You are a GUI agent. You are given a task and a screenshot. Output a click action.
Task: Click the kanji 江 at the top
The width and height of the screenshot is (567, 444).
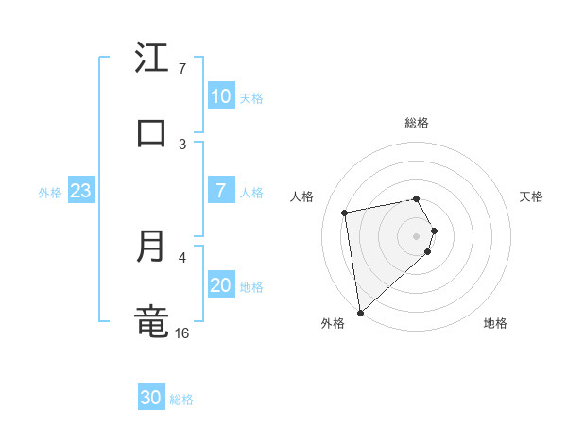152,58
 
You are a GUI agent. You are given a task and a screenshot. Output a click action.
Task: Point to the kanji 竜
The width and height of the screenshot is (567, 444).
152,321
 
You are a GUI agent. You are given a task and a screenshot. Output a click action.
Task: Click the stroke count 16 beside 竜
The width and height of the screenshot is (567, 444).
182,333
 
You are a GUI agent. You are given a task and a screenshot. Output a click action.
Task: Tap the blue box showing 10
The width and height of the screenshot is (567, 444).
221,96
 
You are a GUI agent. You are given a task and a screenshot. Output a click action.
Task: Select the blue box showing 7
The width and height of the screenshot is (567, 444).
221,190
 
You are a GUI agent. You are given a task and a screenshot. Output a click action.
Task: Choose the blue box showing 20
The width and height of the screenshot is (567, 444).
221,285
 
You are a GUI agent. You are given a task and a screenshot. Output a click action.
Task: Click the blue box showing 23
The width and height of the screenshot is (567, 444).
80,191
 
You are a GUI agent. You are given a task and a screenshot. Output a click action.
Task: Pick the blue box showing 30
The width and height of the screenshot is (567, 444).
151,398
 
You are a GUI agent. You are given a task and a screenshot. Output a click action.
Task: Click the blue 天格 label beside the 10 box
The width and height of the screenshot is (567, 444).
251,98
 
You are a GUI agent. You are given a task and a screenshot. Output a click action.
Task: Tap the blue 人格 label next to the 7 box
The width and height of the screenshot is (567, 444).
251,193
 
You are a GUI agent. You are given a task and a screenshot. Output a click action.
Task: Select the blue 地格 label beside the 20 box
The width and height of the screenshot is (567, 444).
251,287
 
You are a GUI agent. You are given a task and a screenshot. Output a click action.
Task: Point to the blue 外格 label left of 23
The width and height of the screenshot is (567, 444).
50,193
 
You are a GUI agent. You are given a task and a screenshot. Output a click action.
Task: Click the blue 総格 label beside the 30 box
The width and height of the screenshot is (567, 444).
181,400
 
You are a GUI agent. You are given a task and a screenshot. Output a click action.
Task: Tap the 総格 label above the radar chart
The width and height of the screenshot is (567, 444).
417,123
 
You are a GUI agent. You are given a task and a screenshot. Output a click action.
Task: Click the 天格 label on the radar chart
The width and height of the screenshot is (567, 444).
531,196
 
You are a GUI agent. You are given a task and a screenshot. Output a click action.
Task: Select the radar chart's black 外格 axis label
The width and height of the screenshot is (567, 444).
333,323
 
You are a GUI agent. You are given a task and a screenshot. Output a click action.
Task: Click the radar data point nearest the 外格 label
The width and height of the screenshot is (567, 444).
360,312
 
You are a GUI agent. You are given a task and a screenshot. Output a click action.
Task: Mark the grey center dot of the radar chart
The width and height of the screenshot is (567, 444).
417,235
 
